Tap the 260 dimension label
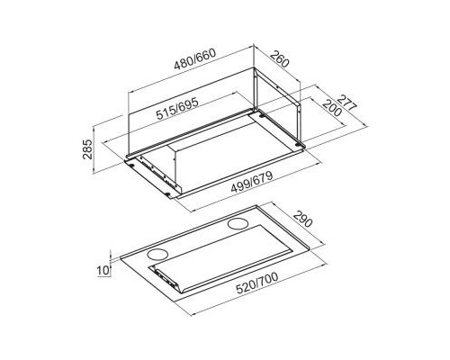click(x=280, y=59)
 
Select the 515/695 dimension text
click(x=177, y=109)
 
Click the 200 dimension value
click(x=332, y=108)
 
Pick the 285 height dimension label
click(x=87, y=148)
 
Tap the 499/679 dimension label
click(x=252, y=182)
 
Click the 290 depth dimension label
click(x=302, y=219)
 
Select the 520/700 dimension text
click(x=257, y=283)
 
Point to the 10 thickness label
click(x=103, y=270)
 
